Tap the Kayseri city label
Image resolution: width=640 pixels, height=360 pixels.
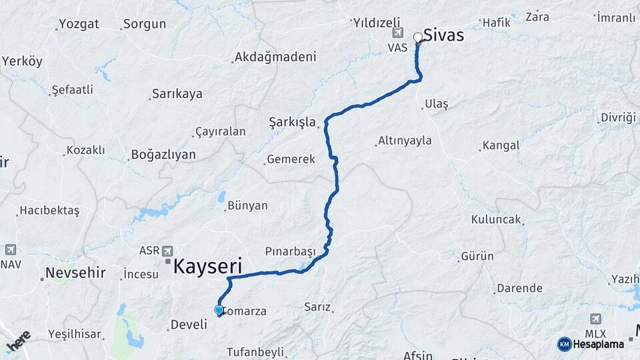tap(207, 267)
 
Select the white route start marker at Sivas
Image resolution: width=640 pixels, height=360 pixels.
tap(418, 37)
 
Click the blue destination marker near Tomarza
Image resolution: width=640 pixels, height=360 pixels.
tap(219, 310)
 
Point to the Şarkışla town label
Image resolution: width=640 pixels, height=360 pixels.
tap(292, 122)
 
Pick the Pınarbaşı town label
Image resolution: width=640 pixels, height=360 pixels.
tap(289, 251)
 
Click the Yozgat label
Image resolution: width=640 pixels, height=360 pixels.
tap(79, 24)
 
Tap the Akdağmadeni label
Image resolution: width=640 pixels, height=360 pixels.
tap(275, 57)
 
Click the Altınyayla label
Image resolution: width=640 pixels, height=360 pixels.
tap(405, 141)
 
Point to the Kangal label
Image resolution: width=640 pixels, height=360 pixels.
tap(500, 145)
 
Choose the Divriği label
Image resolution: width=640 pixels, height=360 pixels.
tap(619, 117)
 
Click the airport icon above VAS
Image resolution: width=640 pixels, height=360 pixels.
tap(399, 33)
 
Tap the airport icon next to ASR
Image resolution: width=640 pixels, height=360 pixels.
tap(169, 251)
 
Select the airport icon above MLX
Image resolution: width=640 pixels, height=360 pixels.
tap(595, 319)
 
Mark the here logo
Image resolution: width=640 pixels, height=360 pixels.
tap(19, 340)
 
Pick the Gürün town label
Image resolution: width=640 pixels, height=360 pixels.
tap(477, 256)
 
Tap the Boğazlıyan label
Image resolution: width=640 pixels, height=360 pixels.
tap(163, 155)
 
